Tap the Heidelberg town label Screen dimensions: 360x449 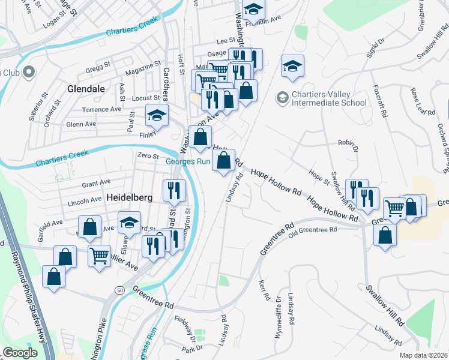click(130, 197)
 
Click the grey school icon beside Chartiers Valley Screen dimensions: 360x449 click(282, 97)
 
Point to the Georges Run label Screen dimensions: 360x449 click(188, 161)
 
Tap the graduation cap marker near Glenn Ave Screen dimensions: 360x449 click(157, 116)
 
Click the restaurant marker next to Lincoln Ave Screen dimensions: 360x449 click(174, 191)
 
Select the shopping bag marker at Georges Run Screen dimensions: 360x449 click(223, 160)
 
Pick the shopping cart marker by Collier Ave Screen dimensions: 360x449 click(99, 255)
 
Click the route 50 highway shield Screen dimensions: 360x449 click(121, 290)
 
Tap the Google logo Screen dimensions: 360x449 click(20, 353)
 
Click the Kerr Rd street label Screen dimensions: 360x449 click(262, 290)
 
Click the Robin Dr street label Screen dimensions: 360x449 click(348, 145)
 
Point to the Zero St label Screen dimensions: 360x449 click(147, 155)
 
